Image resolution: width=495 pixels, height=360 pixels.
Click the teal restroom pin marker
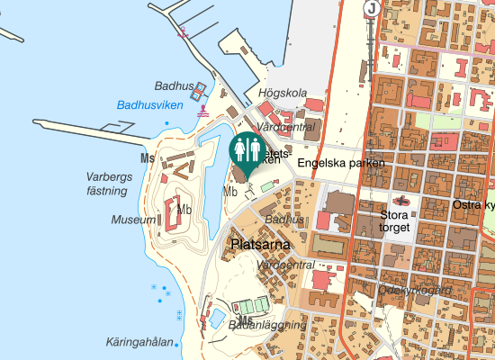tap(247, 149)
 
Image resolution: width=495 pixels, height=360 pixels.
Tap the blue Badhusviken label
tap(150, 105)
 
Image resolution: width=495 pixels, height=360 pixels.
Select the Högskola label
tap(283, 93)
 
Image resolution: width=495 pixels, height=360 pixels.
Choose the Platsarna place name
tap(259, 244)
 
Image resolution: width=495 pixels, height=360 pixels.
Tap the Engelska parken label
tap(340, 163)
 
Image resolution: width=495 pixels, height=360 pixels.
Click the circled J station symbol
tap(371, 9)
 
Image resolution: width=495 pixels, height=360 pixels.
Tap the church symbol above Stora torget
tap(401, 201)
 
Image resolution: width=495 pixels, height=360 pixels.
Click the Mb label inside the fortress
tap(184, 211)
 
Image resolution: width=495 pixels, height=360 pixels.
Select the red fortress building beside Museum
tap(172, 213)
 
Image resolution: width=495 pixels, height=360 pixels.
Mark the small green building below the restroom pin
tap(267, 186)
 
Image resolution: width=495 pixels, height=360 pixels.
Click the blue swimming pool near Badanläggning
tap(219, 318)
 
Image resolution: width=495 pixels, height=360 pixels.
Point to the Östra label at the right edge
tap(473, 205)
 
